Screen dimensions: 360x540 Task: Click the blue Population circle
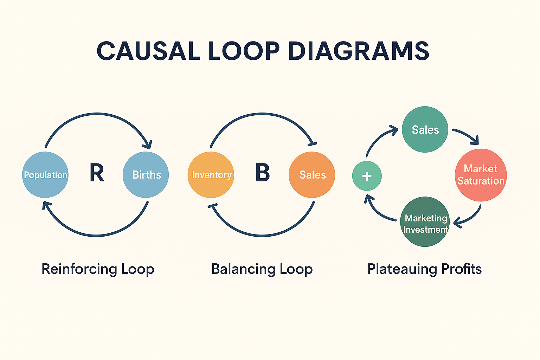point(45,175)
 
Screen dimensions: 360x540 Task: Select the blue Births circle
point(146,175)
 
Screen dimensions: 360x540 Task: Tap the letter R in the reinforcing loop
point(97,173)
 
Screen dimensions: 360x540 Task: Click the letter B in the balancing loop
point(262,173)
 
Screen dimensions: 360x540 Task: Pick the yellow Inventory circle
point(211,175)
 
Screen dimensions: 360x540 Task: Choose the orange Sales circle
point(312,175)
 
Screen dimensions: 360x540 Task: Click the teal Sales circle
point(425,129)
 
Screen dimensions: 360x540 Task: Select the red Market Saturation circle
point(481,175)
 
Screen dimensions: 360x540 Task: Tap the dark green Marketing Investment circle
point(425,222)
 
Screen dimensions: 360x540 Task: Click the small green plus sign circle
point(367,176)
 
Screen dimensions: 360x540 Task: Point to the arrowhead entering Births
point(148,144)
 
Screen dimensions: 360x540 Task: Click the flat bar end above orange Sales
point(312,143)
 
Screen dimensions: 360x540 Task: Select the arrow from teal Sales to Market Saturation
point(466,135)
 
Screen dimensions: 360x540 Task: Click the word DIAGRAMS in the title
point(358,51)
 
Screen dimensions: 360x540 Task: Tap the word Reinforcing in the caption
point(79,269)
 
